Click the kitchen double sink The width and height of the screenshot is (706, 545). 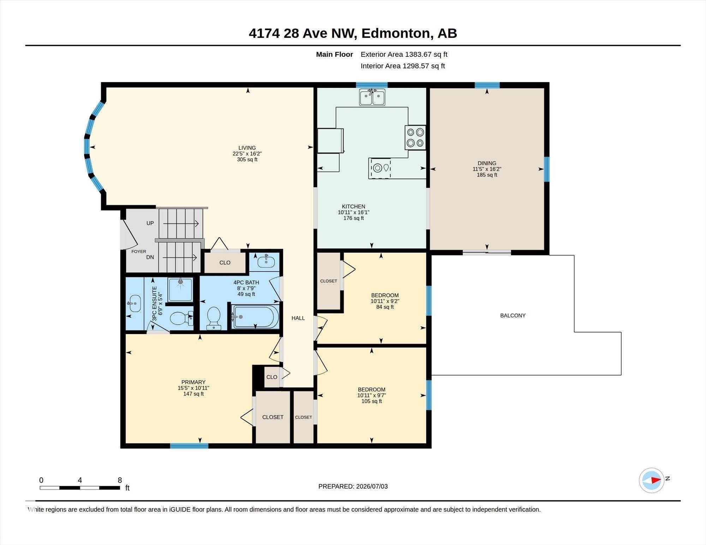click(372, 97)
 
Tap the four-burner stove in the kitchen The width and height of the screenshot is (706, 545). click(415, 138)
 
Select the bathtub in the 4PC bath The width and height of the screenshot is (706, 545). click(255, 317)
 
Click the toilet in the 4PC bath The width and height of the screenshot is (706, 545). click(214, 318)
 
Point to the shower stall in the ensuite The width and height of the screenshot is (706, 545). click(180, 290)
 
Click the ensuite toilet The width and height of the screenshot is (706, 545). click(181, 319)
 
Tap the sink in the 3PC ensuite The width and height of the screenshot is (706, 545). click(134, 303)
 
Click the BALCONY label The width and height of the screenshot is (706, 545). click(513, 315)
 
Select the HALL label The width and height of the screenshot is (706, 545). click(298, 318)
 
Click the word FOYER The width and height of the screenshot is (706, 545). click(139, 252)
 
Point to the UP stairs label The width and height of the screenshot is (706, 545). click(150, 223)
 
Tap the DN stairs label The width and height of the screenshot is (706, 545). click(150, 257)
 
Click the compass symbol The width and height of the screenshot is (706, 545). click(652, 480)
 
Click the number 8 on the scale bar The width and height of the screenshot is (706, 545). click(120, 480)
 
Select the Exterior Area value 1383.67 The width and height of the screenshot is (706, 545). click(418, 54)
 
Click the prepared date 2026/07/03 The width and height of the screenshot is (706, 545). click(372, 486)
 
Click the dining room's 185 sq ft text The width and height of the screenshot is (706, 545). click(487, 175)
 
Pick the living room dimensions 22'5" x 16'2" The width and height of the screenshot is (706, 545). click(247, 154)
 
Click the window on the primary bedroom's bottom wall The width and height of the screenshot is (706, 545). click(189, 446)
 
